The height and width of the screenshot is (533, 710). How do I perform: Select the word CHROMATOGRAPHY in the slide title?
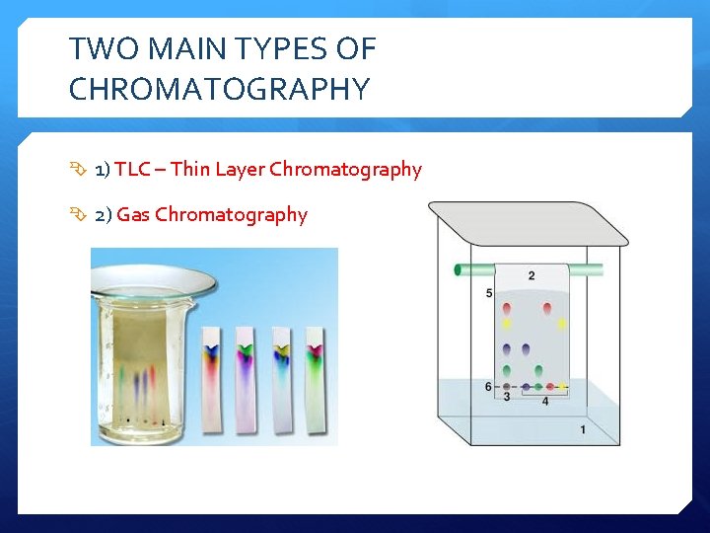(x=219, y=90)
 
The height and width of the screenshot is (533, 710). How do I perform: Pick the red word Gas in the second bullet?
(x=133, y=214)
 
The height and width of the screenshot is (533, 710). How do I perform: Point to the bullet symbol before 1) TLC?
(x=80, y=171)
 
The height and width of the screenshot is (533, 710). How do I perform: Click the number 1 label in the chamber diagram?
(x=583, y=429)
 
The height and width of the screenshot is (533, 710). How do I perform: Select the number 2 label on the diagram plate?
(x=532, y=275)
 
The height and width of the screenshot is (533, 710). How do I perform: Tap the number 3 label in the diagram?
(x=506, y=397)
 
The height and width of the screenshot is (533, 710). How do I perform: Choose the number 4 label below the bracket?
(x=545, y=401)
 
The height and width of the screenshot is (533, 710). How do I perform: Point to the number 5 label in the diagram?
(x=490, y=293)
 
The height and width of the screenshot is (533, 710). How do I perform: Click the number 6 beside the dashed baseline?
(x=488, y=386)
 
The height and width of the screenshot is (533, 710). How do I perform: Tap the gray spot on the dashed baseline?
(x=507, y=386)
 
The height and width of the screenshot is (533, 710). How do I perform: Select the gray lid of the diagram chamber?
(x=528, y=224)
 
